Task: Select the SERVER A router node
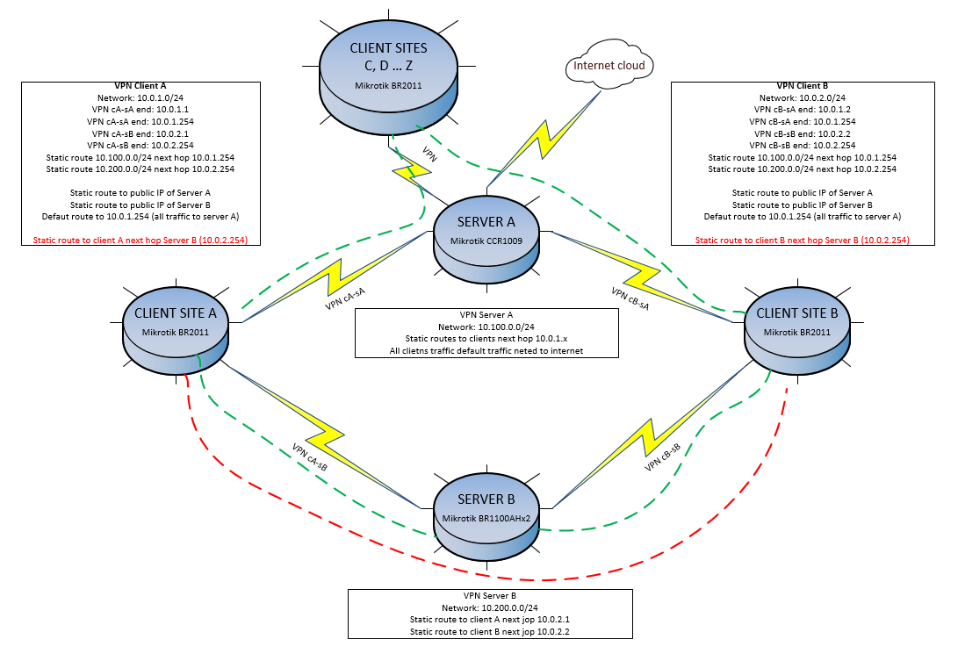tap(486, 235)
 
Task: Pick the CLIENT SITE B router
tap(796, 328)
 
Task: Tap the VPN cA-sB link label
tap(309, 457)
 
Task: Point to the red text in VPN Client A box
tap(140, 239)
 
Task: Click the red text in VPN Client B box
tap(802, 239)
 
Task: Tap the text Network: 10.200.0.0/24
tap(489, 607)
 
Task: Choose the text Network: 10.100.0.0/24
tap(486, 326)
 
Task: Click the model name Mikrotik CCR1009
tap(486, 240)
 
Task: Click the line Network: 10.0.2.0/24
tap(802, 98)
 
